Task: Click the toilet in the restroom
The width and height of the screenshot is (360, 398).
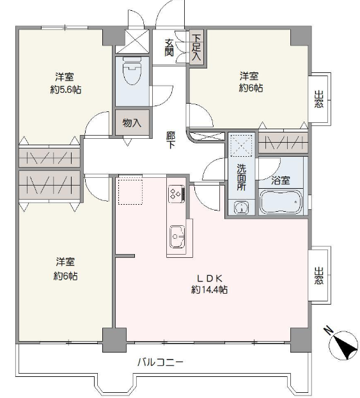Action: tap(132, 71)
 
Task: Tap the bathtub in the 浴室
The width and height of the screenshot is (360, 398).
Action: tap(281, 202)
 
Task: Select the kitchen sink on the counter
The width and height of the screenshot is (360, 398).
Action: tap(177, 237)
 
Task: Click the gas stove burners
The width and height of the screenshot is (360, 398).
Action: tap(176, 194)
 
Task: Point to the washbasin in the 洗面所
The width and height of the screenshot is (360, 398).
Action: tap(241, 207)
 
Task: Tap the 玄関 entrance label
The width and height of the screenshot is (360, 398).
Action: tap(169, 47)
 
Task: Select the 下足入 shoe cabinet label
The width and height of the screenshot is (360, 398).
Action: tap(196, 48)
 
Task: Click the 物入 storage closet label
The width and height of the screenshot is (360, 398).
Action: tap(132, 123)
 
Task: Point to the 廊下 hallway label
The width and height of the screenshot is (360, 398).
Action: tap(171, 140)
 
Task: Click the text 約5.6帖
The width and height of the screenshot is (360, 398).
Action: tap(66, 90)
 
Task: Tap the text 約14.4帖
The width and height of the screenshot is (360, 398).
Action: tap(210, 289)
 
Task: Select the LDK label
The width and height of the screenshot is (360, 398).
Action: tap(210, 278)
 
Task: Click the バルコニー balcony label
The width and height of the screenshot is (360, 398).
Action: tap(160, 362)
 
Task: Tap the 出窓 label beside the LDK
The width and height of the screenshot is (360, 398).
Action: tap(319, 276)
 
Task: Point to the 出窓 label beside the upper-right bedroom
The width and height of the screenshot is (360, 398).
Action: tap(319, 99)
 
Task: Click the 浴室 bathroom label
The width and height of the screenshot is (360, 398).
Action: tap(281, 180)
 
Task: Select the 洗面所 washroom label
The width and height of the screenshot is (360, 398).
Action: tap(241, 177)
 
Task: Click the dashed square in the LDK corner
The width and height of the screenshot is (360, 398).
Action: tap(130, 192)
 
